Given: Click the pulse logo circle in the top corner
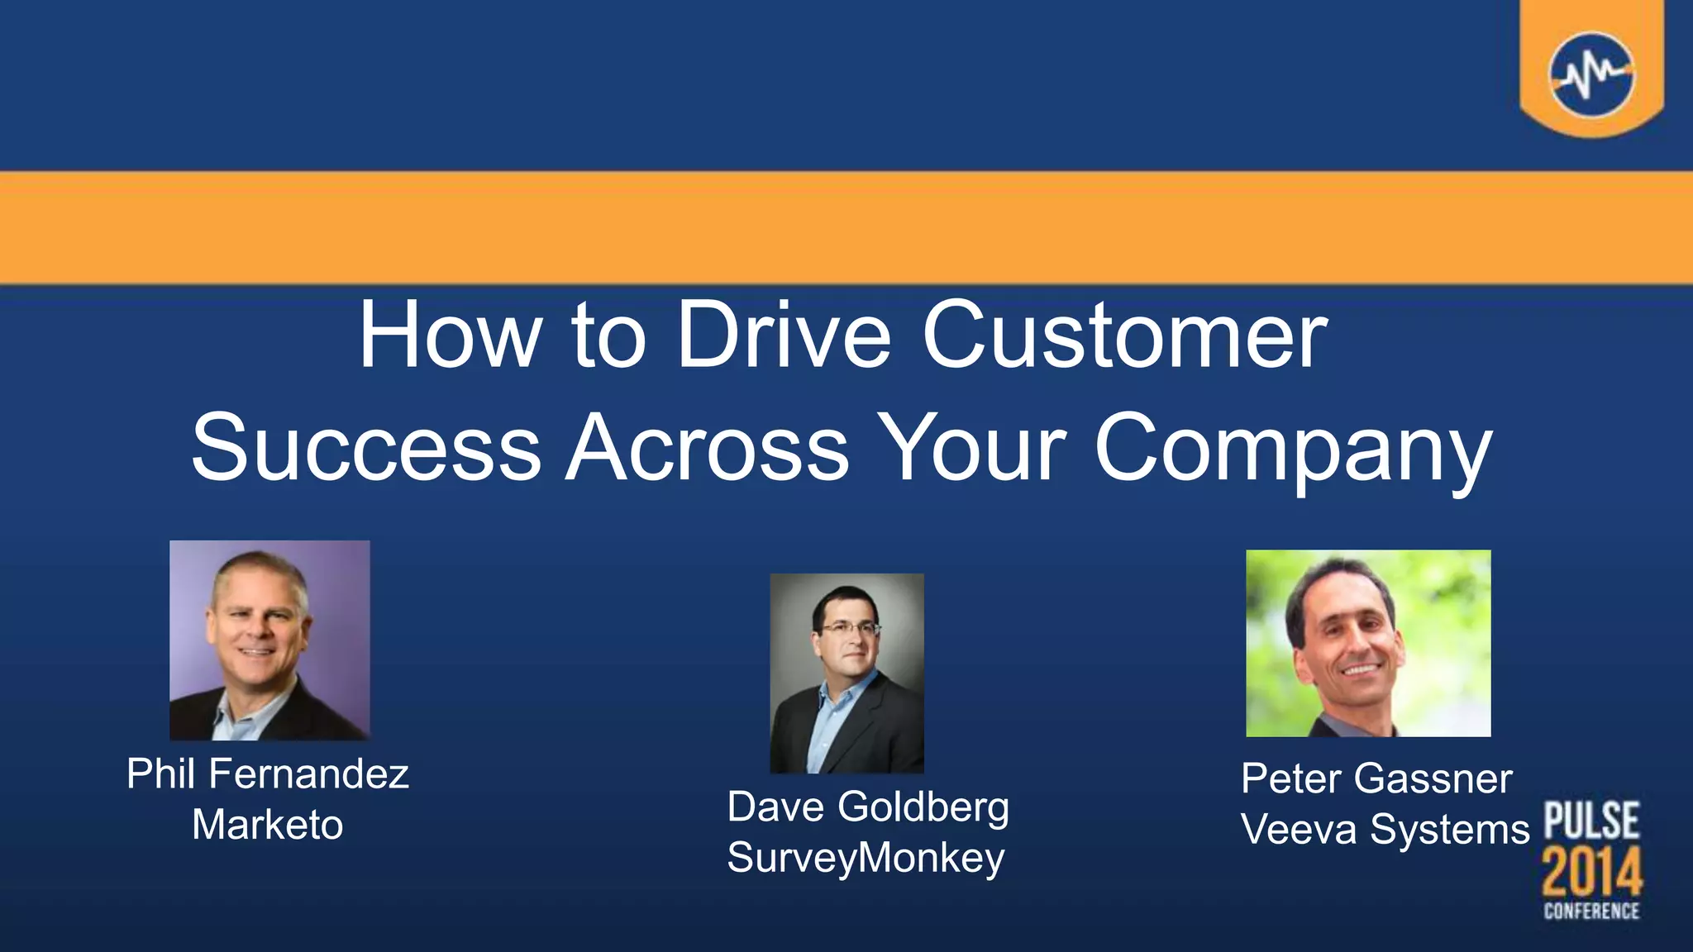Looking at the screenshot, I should [x=1591, y=74].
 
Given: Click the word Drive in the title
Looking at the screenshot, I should [x=784, y=336].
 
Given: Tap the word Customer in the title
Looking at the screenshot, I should [x=1124, y=336].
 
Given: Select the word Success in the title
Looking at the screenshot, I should [x=366, y=448].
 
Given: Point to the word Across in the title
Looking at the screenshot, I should [x=708, y=448].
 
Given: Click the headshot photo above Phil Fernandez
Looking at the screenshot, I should [x=269, y=640].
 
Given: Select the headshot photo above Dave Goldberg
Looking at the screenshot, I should [x=846, y=674].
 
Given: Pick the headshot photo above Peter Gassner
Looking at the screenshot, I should [x=1368, y=643].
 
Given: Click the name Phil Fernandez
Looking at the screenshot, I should [x=268, y=774].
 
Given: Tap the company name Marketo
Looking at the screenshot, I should [x=268, y=825].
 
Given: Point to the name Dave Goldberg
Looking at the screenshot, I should [x=868, y=807].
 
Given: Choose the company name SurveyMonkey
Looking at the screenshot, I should [x=866, y=858].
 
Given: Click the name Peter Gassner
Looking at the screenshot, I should [x=1376, y=778].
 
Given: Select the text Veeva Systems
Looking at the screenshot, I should [x=1385, y=830].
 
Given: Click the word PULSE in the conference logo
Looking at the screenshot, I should [x=1591, y=821].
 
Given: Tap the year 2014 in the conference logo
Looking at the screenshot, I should [x=1591, y=872].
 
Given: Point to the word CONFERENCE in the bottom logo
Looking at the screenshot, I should [x=1591, y=912].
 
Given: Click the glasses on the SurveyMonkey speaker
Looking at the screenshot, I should [x=850, y=630].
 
